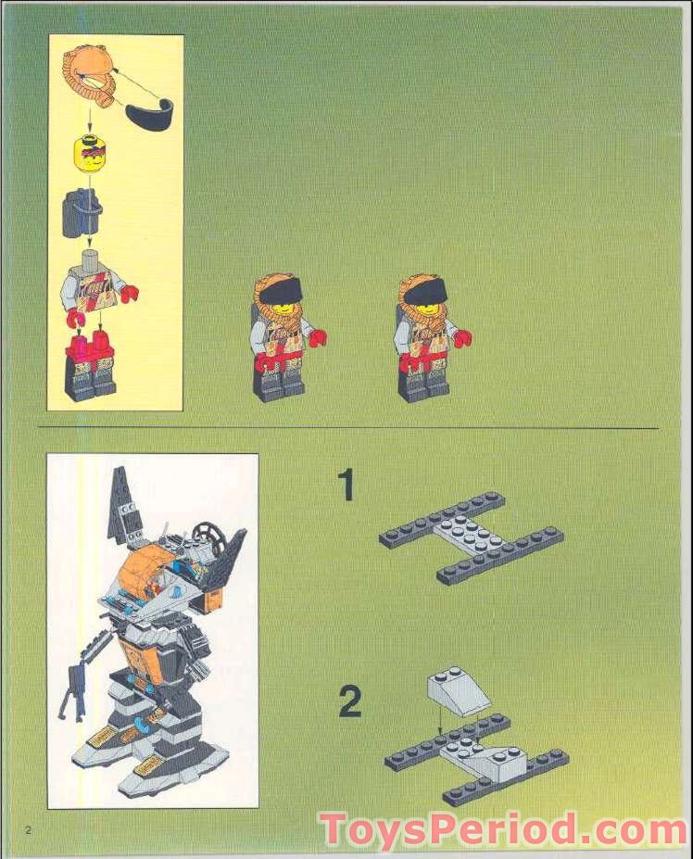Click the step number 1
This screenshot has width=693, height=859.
click(x=346, y=486)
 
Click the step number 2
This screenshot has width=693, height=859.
click(x=349, y=701)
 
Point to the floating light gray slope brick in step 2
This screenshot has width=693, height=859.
click(x=458, y=690)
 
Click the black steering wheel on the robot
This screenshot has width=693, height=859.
click(x=209, y=533)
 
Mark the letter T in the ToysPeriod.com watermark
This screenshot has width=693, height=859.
click(x=333, y=828)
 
